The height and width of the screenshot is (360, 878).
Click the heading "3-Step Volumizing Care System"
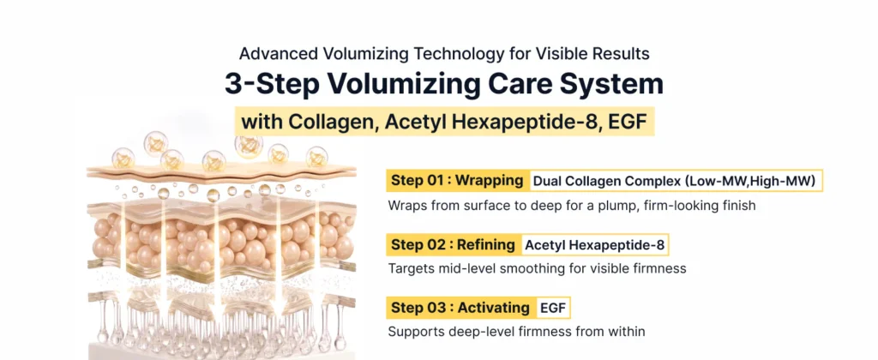pyautogui.click(x=444, y=85)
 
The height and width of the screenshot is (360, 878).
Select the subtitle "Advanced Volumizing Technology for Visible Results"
pyautogui.click(x=444, y=54)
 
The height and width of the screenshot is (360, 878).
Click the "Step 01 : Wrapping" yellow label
pyautogui.click(x=457, y=181)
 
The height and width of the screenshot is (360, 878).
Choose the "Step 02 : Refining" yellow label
pyautogui.click(x=453, y=244)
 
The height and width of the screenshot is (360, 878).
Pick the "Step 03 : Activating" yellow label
pyautogui.click(x=460, y=308)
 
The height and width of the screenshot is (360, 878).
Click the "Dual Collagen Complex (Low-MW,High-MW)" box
pyautogui.click(x=677, y=181)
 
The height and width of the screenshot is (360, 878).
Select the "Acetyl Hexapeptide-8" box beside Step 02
pyautogui.click(x=595, y=244)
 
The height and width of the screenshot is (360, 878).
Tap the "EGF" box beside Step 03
pyautogui.click(x=553, y=308)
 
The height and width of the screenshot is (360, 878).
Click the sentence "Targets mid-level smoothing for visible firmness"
pyautogui.click(x=537, y=269)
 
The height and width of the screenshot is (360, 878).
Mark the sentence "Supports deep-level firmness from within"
pyautogui.click(x=516, y=332)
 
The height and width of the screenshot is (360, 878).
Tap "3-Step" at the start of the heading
pyautogui.click(x=273, y=85)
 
